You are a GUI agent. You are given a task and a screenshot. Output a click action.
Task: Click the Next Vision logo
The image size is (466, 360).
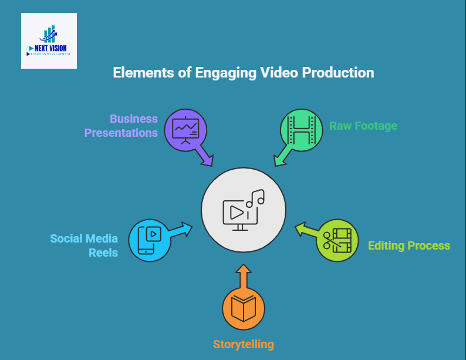[49, 41]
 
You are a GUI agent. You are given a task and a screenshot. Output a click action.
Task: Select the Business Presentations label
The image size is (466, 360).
[121, 126]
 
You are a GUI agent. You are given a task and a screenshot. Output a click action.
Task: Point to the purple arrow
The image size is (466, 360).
[205, 156]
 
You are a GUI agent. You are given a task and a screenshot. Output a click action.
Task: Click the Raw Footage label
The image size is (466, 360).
[363, 126]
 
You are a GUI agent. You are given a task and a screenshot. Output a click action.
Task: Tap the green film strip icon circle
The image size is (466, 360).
[302, 129]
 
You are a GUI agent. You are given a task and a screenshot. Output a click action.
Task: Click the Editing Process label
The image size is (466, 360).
[408, 245]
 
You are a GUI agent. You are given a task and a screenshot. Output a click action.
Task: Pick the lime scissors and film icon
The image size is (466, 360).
[337, 240]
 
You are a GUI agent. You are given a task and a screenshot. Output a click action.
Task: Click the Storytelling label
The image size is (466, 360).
[243, 344]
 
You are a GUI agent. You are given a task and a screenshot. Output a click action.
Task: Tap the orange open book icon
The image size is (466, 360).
[244, 308]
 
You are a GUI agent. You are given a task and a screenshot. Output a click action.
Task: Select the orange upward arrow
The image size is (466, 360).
[244, 276]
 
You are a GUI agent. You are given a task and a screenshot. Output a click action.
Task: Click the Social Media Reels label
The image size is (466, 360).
[85, 245]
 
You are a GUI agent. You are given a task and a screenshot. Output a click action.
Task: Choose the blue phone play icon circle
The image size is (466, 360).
[149, 240]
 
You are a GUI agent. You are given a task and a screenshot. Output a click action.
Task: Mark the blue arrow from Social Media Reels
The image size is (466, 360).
[181, 228]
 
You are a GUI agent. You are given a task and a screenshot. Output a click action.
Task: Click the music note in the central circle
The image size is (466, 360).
[255, 198]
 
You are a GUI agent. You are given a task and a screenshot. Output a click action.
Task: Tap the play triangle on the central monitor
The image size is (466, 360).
[235, 211]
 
